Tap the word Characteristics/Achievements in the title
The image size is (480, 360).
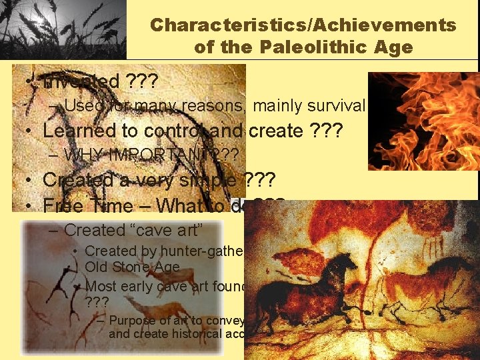pos(303,25)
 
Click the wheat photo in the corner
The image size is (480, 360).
pos(63,30)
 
